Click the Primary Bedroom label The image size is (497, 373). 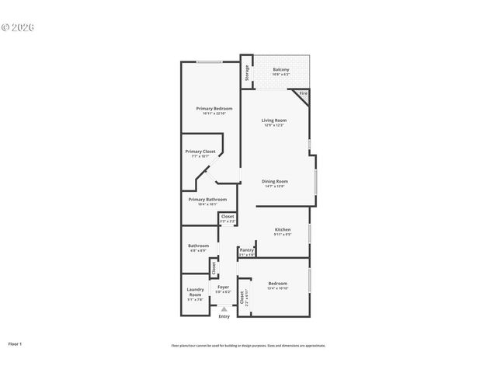click(x=214, y=108)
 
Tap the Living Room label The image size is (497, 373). click(x=274, y=120)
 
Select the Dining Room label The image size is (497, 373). click(x=274, y=181)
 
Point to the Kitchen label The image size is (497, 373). click(x=283, y=229)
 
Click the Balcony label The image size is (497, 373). click(x=281, y=70)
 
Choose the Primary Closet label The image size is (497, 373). click(x=200, y=151)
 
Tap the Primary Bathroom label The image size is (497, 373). click(x=207, y=200)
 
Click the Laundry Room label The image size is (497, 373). click(x=195, y=292)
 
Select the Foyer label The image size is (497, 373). click(x=224, y=288)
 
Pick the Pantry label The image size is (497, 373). click(x=246, y=249)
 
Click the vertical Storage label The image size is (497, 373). click(x=248, y=72)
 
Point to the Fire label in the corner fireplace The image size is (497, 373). click(x=303, y=93)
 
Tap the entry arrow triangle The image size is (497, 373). click(x=224, y=309)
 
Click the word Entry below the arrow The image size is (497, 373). click(x=224, y=316)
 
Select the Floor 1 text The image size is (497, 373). click(x=16, y=343)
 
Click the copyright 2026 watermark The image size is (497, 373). click(x=18, y=27)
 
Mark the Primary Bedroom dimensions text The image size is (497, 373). click(x=214, y=113)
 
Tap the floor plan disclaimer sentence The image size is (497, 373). click(x=248, y=346)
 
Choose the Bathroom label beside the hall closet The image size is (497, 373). click(x=198, y=246)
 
